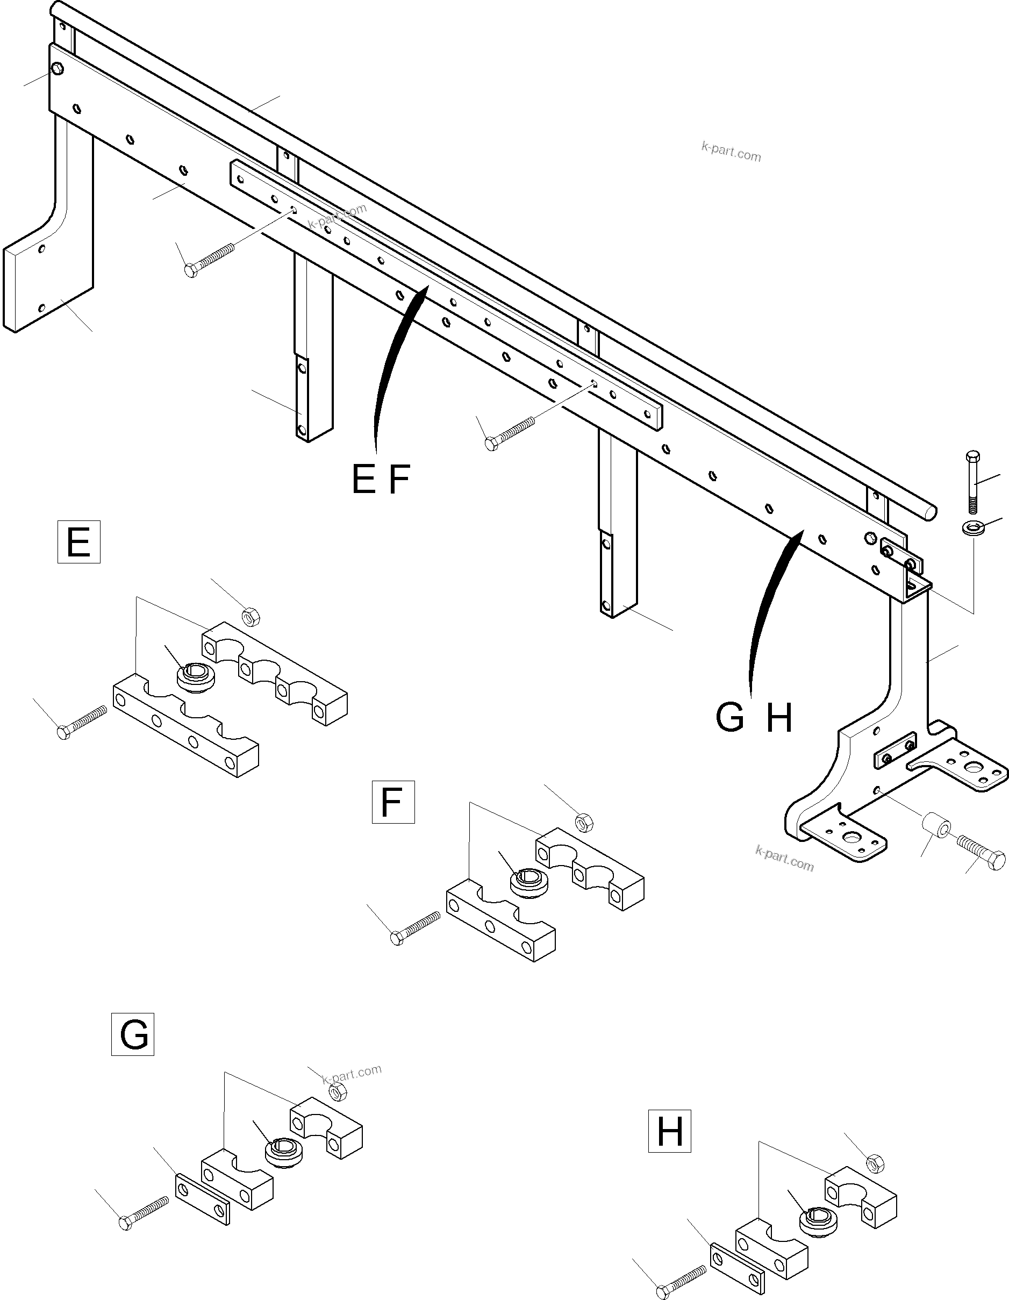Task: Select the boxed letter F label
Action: (393, 802)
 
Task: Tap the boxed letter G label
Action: (133, 1034)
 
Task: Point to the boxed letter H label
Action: (669, 1131)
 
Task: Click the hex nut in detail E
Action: (251, 617)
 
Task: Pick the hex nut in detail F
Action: (584, 823)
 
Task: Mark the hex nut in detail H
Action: (874, 1162)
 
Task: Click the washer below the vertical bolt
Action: (971, 527)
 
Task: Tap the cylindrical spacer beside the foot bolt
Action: (936, 829)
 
